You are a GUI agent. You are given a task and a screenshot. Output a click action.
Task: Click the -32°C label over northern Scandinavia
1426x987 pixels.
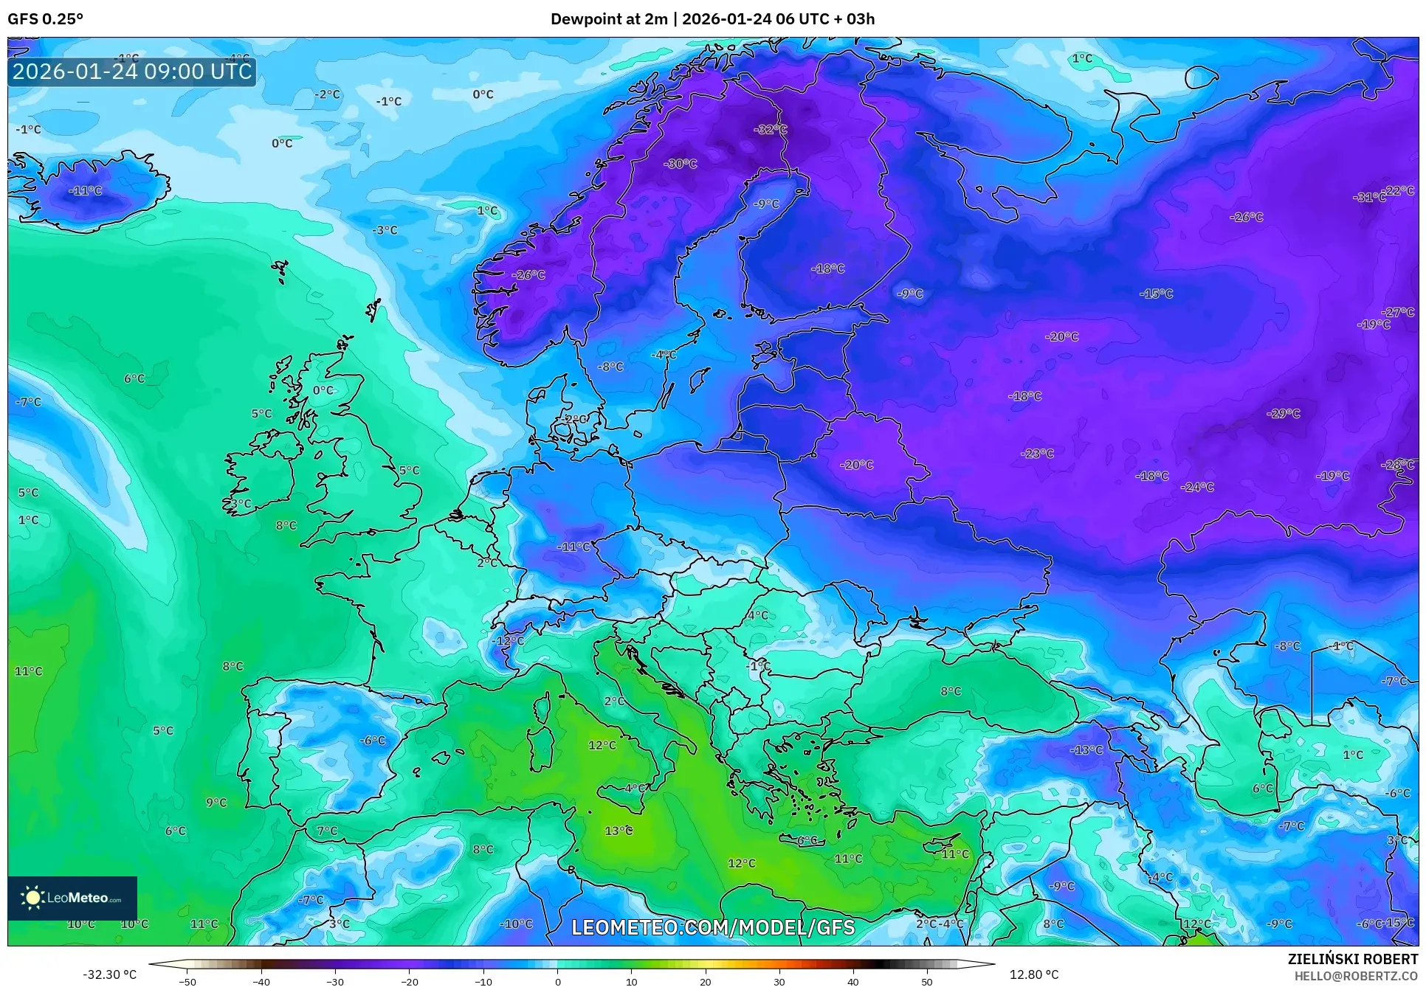(770, 129)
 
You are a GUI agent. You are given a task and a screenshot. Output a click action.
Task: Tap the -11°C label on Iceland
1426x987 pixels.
(86, 190)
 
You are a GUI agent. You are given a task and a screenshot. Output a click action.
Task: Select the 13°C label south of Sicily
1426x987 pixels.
(619, 831)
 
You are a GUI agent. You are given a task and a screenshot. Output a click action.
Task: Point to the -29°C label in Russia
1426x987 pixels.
(1284, 413)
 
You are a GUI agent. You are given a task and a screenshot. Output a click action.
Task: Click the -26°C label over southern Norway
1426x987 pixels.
(528, 274)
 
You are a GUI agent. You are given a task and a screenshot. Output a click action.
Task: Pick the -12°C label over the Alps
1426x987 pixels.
(508, 640)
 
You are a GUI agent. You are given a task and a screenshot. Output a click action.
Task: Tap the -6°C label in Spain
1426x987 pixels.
(372, 740)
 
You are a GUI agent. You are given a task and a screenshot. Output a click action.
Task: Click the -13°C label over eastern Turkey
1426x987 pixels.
(1086, 749)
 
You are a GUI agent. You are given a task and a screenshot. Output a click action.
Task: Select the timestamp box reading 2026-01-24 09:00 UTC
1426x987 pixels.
(132, 72)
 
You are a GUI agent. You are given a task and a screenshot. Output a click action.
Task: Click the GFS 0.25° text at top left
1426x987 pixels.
(45, 19)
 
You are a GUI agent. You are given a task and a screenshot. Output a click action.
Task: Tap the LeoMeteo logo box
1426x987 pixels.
(72, 898)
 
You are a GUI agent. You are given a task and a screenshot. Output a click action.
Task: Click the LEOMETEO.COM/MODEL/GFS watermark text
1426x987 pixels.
(713, 927)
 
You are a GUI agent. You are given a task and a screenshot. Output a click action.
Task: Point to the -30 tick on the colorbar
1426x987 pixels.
(335, 980)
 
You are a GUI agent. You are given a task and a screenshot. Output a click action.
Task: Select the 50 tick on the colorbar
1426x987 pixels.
(927, 980)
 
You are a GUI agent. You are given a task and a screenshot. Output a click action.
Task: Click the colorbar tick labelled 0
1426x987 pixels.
(558, 980)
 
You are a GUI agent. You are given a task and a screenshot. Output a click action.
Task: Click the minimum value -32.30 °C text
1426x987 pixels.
(109, 974)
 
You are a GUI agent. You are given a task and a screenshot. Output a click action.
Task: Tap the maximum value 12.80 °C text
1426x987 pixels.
(1034, 974)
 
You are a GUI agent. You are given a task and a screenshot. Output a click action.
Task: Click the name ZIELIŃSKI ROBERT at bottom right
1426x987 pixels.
(1352, 960)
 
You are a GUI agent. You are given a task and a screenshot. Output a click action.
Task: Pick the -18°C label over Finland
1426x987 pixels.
(827, 269)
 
